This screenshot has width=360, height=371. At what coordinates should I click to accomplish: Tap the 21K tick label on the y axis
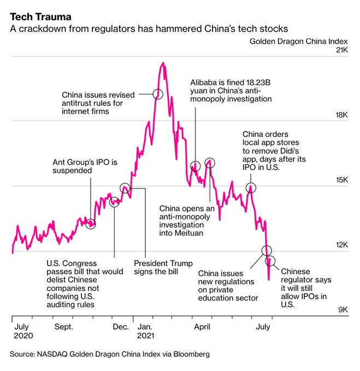point(341,50)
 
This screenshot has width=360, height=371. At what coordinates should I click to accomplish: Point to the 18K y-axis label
point(341,115)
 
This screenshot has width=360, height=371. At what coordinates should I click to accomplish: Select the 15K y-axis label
point(341,180)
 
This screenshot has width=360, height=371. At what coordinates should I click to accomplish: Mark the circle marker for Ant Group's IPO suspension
point(91,223)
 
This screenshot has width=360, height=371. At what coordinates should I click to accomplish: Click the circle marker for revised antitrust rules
point(158,93)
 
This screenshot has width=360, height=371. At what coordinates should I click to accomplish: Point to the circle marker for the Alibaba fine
point(195,166)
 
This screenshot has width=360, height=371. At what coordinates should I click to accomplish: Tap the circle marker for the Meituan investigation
point(210,163)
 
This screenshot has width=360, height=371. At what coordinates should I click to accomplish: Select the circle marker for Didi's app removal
point(251,188)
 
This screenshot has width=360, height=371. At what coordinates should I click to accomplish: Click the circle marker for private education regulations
point(266,250)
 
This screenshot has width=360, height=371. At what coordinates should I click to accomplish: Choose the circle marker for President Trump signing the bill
point(125,188)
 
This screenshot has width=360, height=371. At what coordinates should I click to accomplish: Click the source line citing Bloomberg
point(109,354)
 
